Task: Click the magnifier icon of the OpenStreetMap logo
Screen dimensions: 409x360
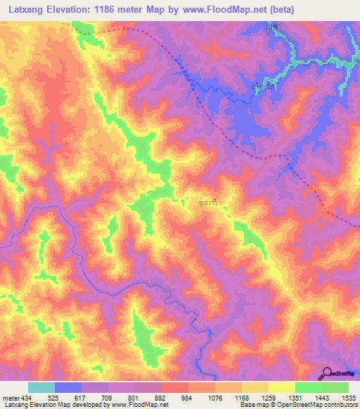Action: click(x=328, y=372)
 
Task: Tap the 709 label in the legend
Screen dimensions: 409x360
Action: click(x=108, y=398)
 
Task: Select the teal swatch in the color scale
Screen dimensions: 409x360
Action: click(x=41, y=387)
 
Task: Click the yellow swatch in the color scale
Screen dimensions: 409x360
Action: click(x=282, y=387)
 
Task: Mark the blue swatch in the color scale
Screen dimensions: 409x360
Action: click(x=68, y=387)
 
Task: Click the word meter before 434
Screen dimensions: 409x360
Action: click(x=11, y=398)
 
